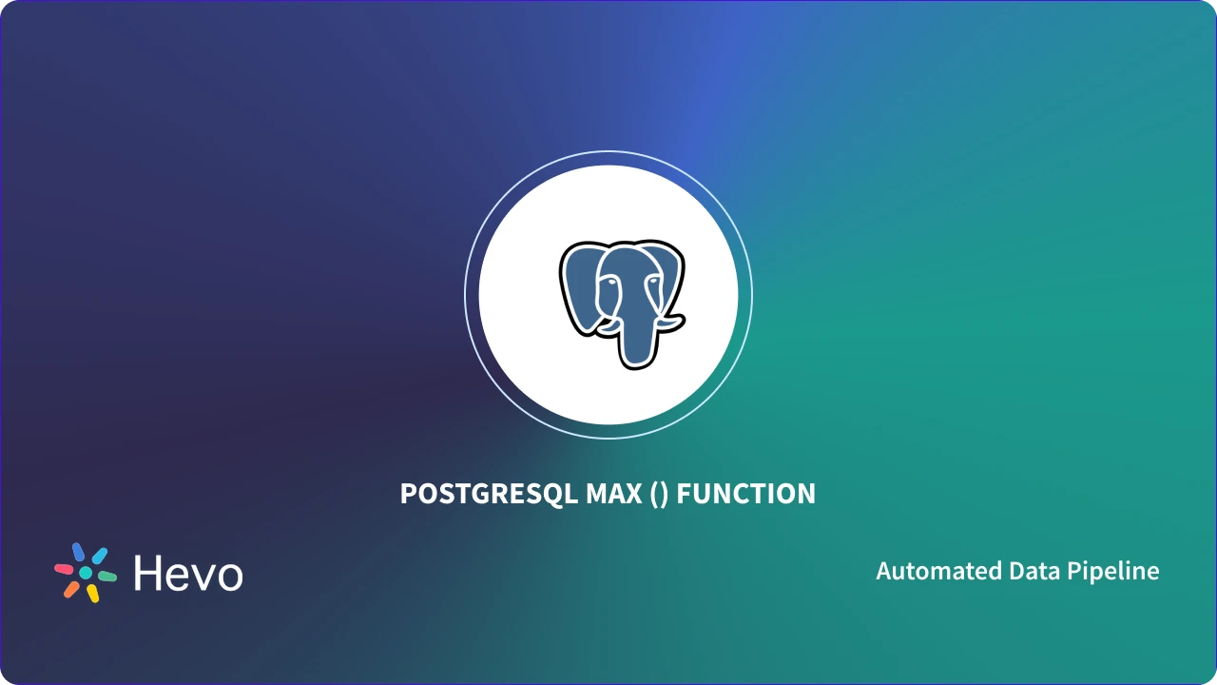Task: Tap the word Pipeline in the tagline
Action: click(x=1115, y=571)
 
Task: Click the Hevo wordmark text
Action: click(x=188, y=573)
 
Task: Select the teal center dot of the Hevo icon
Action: click(x=86, y=573)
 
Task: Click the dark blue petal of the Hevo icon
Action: click(x=79, y=552)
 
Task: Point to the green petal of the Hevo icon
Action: click(x=107, y=577)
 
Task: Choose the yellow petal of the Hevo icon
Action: click(x=93, y=594)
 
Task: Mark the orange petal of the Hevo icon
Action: click(x=71, y=590)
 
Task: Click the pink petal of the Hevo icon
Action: click(x=64, y=569)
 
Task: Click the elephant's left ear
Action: click(x=579, y=285)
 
